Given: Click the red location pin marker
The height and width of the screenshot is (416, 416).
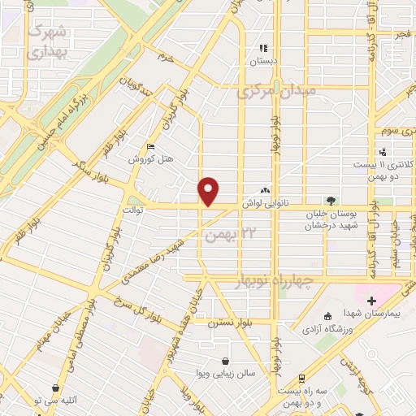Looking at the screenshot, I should coord(209,190).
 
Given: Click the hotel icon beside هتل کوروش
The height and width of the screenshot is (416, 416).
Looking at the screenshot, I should coord(151,146).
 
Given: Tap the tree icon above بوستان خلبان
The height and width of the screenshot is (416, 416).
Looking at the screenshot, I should coord(330,200).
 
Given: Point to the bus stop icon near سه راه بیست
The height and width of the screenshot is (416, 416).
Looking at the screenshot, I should coord(301,379).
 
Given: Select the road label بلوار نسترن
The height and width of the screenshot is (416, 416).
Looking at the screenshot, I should coord(224,323).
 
